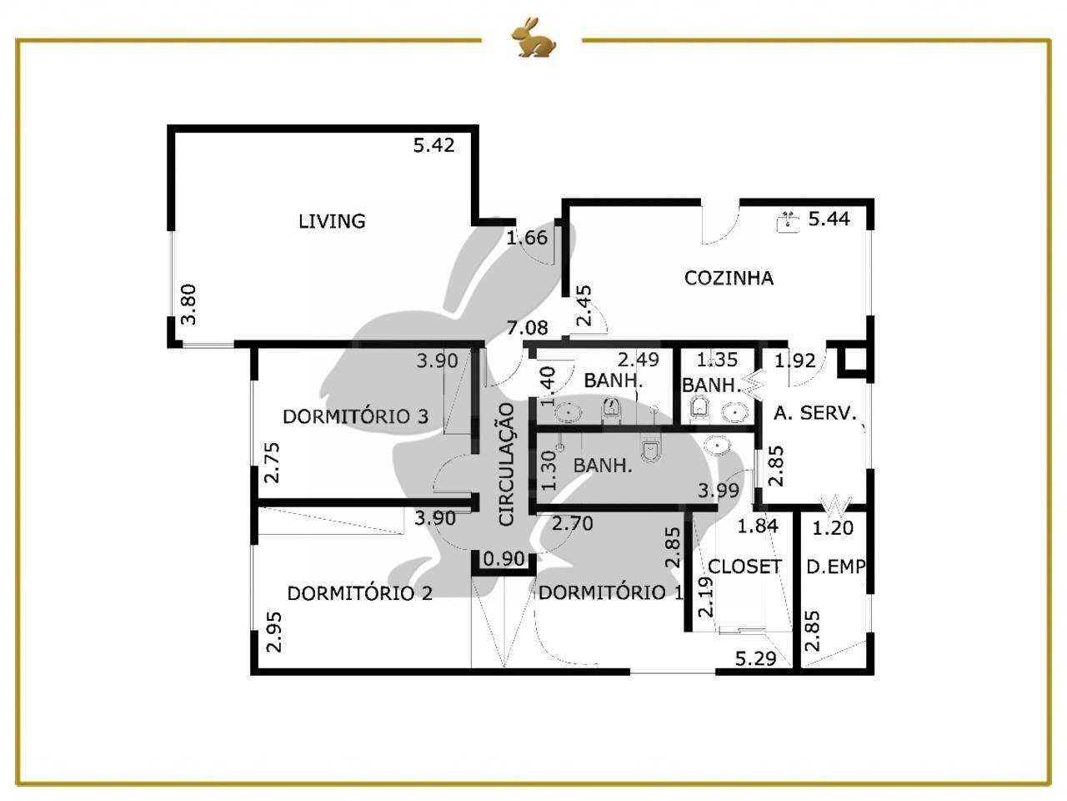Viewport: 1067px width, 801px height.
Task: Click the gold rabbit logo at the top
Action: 533,37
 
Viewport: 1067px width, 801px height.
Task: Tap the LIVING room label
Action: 332,221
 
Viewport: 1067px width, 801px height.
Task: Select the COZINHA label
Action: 729,278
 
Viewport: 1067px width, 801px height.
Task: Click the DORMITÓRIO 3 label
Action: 355,416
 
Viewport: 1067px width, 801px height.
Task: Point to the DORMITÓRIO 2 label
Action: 360,593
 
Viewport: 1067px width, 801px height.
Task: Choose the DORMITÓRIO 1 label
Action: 611,592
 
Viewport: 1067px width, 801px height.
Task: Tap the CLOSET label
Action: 744,566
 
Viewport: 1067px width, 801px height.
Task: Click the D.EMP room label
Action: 835,566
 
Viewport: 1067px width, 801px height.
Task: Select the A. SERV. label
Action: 814,413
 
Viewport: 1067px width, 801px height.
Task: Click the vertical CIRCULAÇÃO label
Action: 506,464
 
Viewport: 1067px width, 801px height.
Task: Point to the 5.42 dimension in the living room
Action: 433,145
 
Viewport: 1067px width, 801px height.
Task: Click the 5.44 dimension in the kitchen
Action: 829,219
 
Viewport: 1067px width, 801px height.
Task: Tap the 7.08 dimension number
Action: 527,327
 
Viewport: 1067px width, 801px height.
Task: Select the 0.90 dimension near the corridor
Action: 504,558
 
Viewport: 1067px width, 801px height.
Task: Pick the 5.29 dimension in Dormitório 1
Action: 755,658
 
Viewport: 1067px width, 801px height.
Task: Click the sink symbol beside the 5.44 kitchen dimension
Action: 788,222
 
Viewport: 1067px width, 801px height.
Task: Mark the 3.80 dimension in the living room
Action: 188,305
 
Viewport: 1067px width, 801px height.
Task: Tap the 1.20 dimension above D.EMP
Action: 833,527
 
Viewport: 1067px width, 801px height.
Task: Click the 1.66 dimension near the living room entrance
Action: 527,238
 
